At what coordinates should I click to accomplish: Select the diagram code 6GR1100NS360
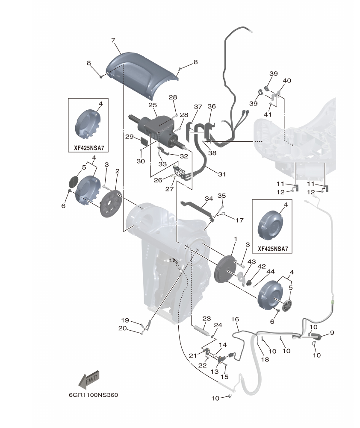pyautogui.click(x=93, y=395)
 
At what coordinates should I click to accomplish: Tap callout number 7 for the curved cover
pyautogui.click(x=113, y=40)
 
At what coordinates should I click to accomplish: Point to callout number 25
pyautogui.click(x=153, y=105)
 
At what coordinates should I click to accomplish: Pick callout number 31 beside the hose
pyautogui.click(x=221, y=174)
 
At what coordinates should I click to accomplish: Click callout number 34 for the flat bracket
pyautogui.click(x=208, y=199)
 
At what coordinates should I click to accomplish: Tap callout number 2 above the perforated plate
pyautogui.click(x=117, y=171)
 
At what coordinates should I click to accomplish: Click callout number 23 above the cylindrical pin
pyautogui.click(x=207, y=318)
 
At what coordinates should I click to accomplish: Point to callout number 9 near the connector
pyautogui.click(x=332, y=333)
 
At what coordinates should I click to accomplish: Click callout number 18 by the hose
pyautogui.click(x=265, y=360)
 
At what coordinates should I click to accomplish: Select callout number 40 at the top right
pyautogui.click(x=287, y=80)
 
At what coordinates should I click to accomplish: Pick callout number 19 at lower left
pyautogui.click(x=124, y=320)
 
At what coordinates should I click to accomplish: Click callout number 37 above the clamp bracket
pyautogui.click(x=198, y=106)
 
